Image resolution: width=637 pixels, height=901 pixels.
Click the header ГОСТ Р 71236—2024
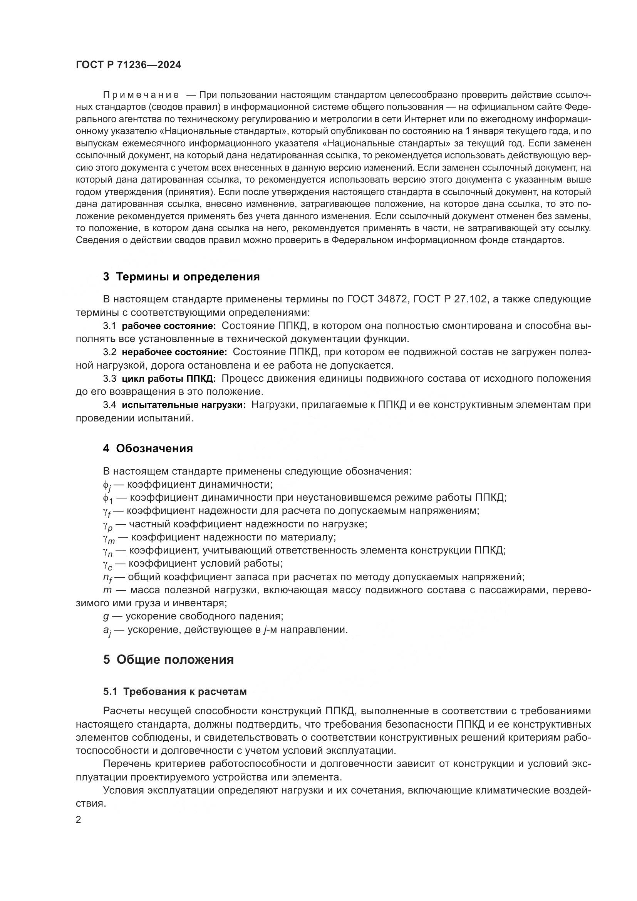coord(128,65)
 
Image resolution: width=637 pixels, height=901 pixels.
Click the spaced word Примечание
coord(141,95)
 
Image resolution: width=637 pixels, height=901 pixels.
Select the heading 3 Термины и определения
coord(181,277)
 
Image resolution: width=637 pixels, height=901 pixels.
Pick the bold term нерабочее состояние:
coord(174,352)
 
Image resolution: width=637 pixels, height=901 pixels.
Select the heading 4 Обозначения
coord(148,448)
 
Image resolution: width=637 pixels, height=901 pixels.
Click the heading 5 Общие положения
coord(168,659)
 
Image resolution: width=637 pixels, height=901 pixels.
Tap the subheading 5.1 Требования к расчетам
coord(175,691)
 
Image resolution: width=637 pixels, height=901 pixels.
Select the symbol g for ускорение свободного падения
coord(106,616)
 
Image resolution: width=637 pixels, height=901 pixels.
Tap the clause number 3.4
coord(110,404)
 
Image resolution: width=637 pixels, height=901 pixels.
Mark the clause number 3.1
coord(110,326)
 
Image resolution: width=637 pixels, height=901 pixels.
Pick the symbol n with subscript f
coord(107,578)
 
